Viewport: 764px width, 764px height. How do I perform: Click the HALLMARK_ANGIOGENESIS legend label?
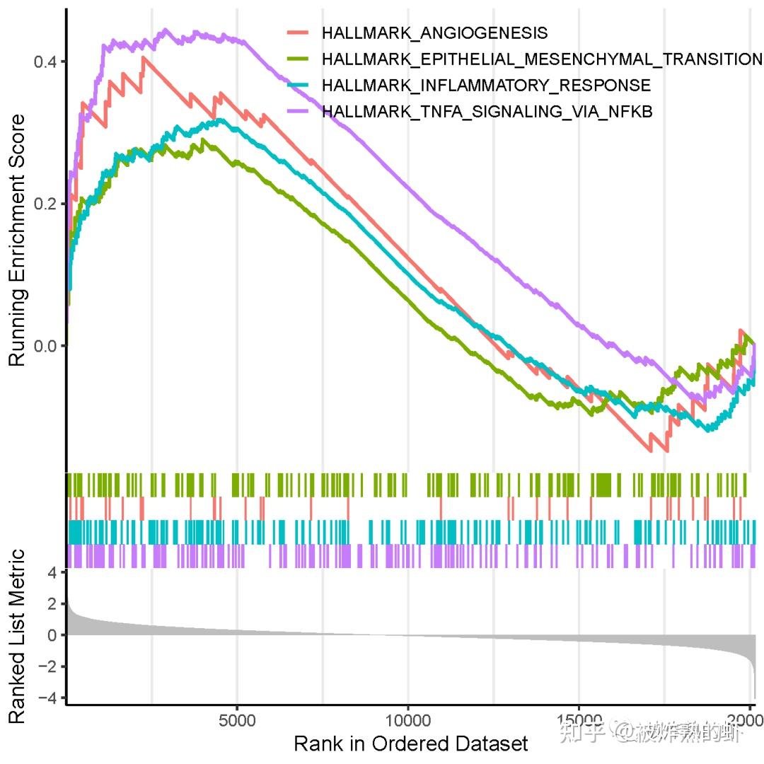434,33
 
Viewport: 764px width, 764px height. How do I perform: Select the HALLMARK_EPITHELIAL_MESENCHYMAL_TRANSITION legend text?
542,59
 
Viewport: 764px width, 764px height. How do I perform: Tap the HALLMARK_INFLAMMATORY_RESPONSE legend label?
485,86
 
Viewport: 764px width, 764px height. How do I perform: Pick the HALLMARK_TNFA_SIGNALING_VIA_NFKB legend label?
487,112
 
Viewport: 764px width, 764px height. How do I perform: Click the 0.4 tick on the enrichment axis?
46,62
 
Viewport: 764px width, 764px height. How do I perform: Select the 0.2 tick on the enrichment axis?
46,204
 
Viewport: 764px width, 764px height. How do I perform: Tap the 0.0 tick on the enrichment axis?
46,346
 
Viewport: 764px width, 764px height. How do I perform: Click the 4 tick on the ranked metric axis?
52,573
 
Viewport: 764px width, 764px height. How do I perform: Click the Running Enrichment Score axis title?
18,241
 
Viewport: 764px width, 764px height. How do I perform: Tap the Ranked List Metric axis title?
18,637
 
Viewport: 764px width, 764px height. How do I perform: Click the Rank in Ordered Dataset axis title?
410,743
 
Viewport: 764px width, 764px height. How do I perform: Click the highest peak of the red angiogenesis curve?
144,57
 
